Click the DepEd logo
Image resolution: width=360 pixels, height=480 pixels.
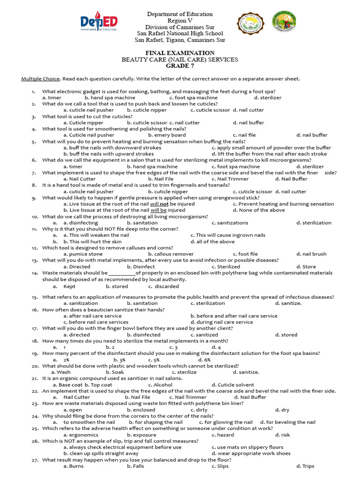(98, 22)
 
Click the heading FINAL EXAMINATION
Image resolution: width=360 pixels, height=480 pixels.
(180, 53)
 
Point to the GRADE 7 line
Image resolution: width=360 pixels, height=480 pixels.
(180, 66)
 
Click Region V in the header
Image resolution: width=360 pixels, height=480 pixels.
(180, 21)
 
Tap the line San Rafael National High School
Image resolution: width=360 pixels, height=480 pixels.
(180, 33)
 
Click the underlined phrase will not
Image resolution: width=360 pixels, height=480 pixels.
(159, 204)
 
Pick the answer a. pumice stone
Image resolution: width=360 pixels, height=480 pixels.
(83, 254)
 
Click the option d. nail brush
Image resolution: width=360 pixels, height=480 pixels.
(311, 254)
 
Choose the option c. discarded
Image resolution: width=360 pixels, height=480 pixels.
(164, 286)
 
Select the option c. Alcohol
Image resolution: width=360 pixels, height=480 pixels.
(160, 385)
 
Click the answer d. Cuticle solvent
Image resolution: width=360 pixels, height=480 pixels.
(233, 385)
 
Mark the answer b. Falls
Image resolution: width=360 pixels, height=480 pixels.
(137, 466)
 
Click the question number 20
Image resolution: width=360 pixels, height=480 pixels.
(35, 366)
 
